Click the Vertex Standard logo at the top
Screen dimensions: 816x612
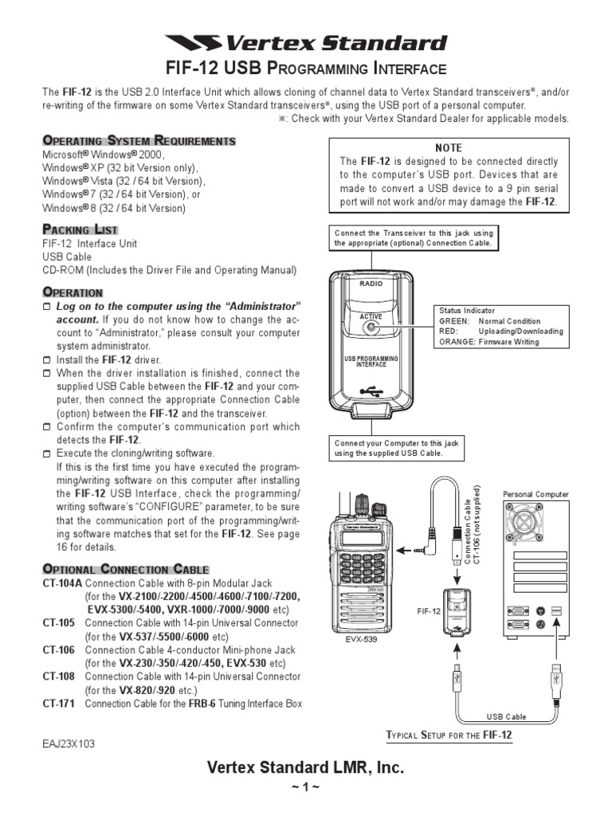pyautogui.click(x=306, y=43)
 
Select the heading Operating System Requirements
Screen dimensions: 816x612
pyautogui.click(x=139, y=141)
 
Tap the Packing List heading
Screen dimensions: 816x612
pyautogui.click(x=80, y=230)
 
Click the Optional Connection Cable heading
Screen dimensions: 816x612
pyautogui.click(x=125, y=569)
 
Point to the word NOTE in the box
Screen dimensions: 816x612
pyautogui.click(x=448, y=148)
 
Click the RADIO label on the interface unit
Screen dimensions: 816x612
pyautogui.click(x=371, y=284)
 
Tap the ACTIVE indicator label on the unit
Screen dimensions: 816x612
pyautogui.click(x=371, y=316)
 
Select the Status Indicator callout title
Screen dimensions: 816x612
pyautogui.click(x=466, y=310)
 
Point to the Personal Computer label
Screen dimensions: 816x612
pyautogui.click(x=535, y=494)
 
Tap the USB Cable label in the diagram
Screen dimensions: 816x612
pyautogui.click(x=506, y=716)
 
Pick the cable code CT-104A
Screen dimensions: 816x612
pyautogui.click(x=61, y=583)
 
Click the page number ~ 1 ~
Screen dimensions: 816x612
pyautogui.click(x=305, y=788)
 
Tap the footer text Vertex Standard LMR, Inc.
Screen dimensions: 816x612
pyautogui.click(x=305, y=767)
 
